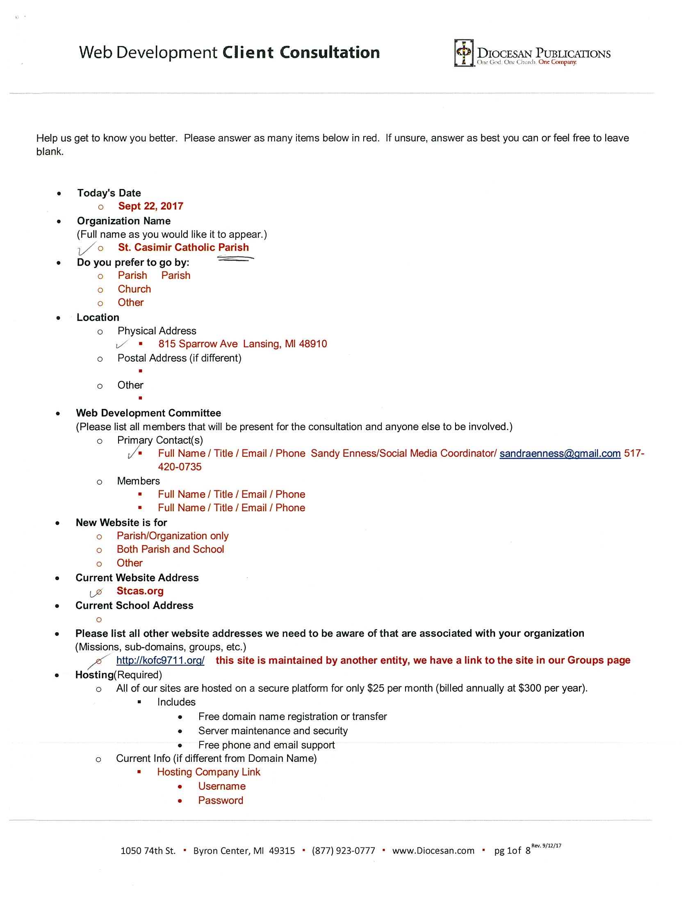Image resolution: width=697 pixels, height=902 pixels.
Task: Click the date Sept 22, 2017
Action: pyautogui.click(x=151, y=206)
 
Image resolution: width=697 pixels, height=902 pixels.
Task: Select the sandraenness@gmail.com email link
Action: pyautogui.click(x=560, y=453)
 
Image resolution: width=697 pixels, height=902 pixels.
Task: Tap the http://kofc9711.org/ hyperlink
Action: pyautogui.click(x=160, y=661)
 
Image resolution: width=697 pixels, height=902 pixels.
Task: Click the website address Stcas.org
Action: pyautogui.click(x=140, y=591)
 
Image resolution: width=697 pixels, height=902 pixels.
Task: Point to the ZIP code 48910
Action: pyautogui.click(x=313, y=344)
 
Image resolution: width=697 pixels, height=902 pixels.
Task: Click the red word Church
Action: pyautogui.click(x=134, y=289)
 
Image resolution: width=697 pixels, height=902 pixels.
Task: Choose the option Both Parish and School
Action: pyautogui.click(x=170, y=549)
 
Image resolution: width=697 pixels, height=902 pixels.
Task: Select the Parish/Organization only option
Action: pyautogui.click(x=173, y=536)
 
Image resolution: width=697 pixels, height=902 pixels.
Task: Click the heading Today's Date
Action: pyautogui.click(x=109, y=193)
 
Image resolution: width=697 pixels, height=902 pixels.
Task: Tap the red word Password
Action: pyautogui.click(x=221, y=800)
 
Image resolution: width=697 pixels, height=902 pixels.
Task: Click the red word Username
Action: pyautogui.click(x=222, y=786)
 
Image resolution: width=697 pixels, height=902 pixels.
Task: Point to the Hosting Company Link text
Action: pyautogui.click(x=209, y=772)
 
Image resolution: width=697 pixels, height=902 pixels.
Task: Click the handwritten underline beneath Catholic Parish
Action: pyautogui.click(x=236, y=259)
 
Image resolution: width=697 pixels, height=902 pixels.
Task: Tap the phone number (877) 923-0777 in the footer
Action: pyautogui.click(x=344, y=851)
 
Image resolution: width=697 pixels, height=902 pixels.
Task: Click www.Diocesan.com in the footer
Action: pyautogui.click(x=433, y=851)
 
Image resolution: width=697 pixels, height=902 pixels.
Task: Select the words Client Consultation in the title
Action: pyautogui.click(x=301, y=53)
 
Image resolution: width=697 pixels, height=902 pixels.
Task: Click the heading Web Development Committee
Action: pyautogui.click(x=148, y=413)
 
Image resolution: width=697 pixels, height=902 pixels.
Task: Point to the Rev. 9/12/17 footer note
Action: pyautogui.click(x=546, y=846)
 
